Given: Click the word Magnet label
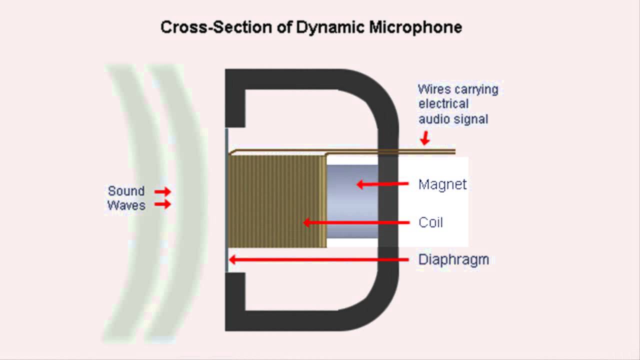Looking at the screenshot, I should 442,184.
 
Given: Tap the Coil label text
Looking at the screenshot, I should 430,222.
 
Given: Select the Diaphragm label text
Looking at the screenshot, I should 453,259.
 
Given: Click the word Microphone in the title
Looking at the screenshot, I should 415,27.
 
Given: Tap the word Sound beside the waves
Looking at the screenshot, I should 126,191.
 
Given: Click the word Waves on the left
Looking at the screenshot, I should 126,205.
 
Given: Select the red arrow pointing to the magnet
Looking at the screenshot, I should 382,184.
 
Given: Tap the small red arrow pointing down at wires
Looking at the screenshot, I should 425,138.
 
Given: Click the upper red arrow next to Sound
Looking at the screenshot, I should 162,191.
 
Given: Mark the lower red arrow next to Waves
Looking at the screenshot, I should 162,204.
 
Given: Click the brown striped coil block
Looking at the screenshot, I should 277,200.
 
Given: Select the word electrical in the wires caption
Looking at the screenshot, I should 443,104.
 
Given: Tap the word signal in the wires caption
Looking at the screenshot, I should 472,119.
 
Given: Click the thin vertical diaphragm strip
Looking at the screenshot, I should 227,200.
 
